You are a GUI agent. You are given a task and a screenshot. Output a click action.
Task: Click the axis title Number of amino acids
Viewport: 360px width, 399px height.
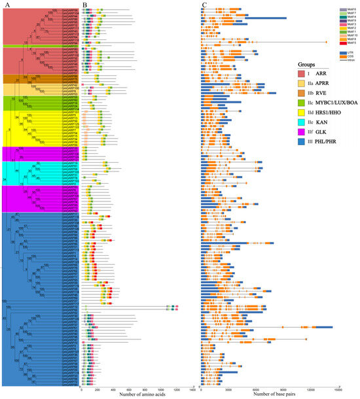coord(136,395)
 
